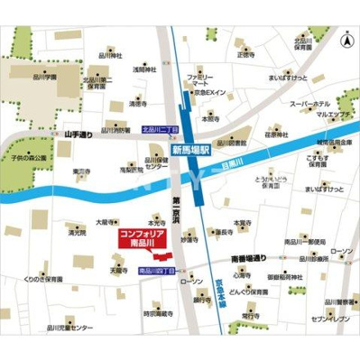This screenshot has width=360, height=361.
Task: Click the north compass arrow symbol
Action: click(x=346, y=41)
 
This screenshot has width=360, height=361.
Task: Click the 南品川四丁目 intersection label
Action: click(x=157, y=271)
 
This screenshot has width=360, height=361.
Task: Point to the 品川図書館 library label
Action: click(x=234, y=143)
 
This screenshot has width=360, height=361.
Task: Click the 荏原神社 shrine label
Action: click(x=275, y=135)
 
